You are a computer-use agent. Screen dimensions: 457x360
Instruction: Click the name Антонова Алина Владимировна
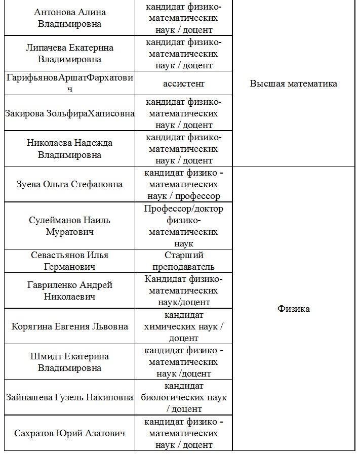(69, 18)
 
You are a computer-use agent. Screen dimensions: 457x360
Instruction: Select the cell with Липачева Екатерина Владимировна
(69, 53)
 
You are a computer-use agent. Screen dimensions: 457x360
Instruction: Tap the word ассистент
(184, 84)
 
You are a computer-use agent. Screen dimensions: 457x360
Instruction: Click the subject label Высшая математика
(293, 84)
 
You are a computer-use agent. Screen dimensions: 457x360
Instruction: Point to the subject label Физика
(294, 309)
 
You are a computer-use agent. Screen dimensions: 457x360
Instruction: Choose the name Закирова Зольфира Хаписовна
(69, 113)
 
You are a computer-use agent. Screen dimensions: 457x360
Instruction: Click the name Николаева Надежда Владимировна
(69, 149)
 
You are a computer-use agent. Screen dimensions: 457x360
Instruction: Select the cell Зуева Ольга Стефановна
(69, 184)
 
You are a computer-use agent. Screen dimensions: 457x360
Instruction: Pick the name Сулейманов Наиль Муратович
(69, 226)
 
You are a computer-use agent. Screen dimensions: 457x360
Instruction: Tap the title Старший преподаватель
(184, 261)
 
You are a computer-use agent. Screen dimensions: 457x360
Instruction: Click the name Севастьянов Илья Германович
(69, 261)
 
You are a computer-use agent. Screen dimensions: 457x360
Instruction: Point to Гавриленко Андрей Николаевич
(69, 290)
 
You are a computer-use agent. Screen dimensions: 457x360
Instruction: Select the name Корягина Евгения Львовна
(69, 326)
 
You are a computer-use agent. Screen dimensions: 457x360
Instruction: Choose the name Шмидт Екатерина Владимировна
(69, 362)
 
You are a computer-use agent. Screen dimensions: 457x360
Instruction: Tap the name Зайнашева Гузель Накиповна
(69, 397)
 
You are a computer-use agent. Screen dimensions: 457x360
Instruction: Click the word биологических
(174, 397)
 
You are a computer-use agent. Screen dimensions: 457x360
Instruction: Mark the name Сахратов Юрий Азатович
(69, 433)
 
